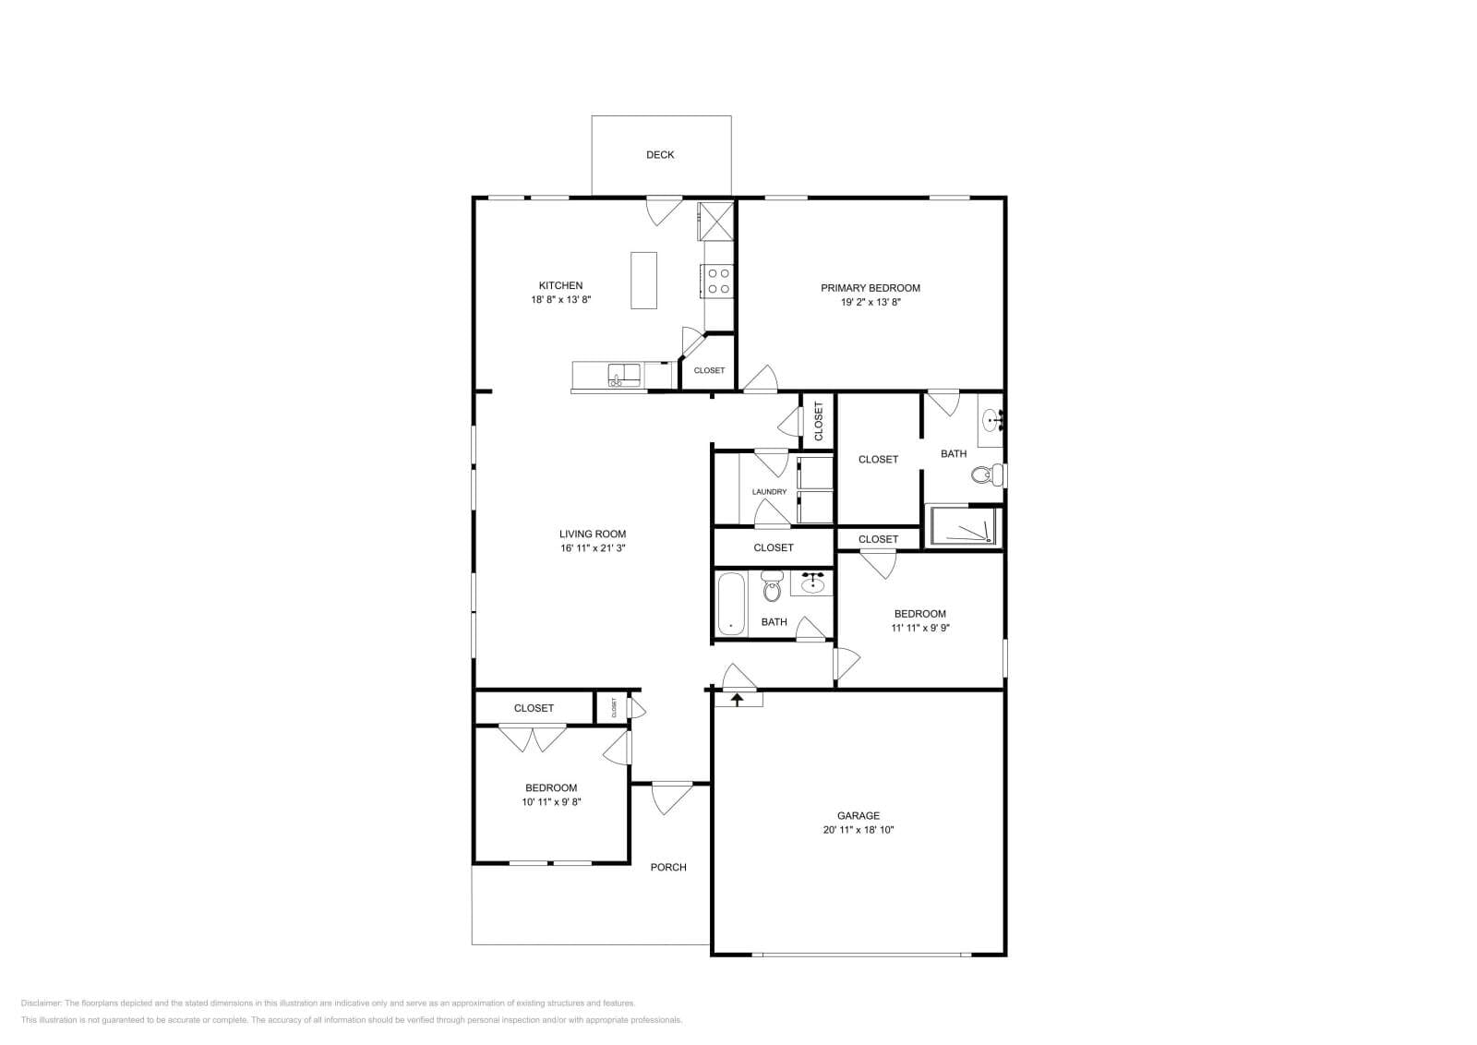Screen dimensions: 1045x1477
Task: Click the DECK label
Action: [x=659, y=155]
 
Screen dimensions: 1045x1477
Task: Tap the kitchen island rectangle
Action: [x=643, y=281]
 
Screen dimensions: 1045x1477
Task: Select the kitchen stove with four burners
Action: [x=717, y=281]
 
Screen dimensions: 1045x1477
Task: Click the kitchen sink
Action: [x=624, y=375]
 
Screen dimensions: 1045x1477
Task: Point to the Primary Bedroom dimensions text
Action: [x=870, y=302]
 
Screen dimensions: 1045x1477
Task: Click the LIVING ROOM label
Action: [x=592, y=534]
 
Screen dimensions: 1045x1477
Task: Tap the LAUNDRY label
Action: [x=769, y=492]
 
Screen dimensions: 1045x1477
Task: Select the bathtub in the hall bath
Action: [x=731, y=604]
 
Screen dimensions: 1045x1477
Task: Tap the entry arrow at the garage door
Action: [x=737, y=699]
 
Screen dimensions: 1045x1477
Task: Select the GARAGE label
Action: [x=858, y=815]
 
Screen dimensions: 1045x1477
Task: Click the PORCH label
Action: [x=667, y=867]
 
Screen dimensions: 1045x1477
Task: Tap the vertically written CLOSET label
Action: [x=818, y=421]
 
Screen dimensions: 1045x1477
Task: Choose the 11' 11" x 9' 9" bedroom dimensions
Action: [x=919, y=628]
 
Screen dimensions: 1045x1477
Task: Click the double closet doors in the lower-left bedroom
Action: [x=533, y=739]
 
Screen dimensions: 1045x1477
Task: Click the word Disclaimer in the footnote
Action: [x=41, y=1003]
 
